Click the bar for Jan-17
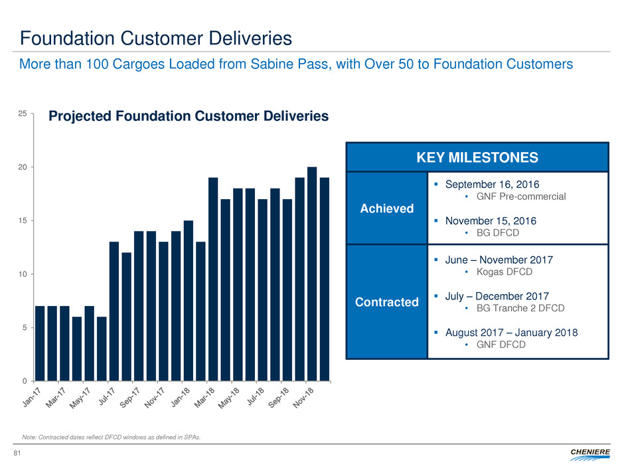[40, 343]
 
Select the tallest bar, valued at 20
[312, 273]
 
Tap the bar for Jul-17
[114, 311]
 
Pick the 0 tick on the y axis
[25, 381]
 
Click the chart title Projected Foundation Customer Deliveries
[189, 116]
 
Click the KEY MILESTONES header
[477, 157]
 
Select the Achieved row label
[386, 208]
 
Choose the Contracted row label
[386, 302]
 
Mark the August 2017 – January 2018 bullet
[510, 333]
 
